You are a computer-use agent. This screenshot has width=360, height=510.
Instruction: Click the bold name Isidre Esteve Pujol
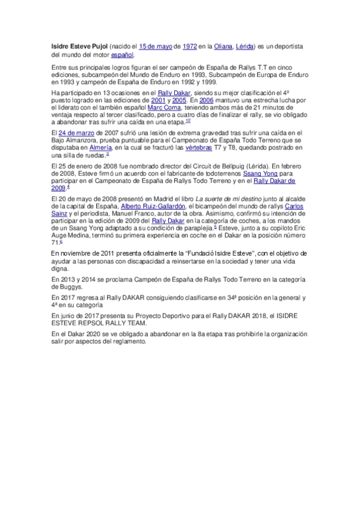pos(79,46)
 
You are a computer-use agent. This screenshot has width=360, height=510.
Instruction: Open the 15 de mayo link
pos(156,46)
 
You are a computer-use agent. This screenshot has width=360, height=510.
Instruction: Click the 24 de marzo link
pos(76,132)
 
